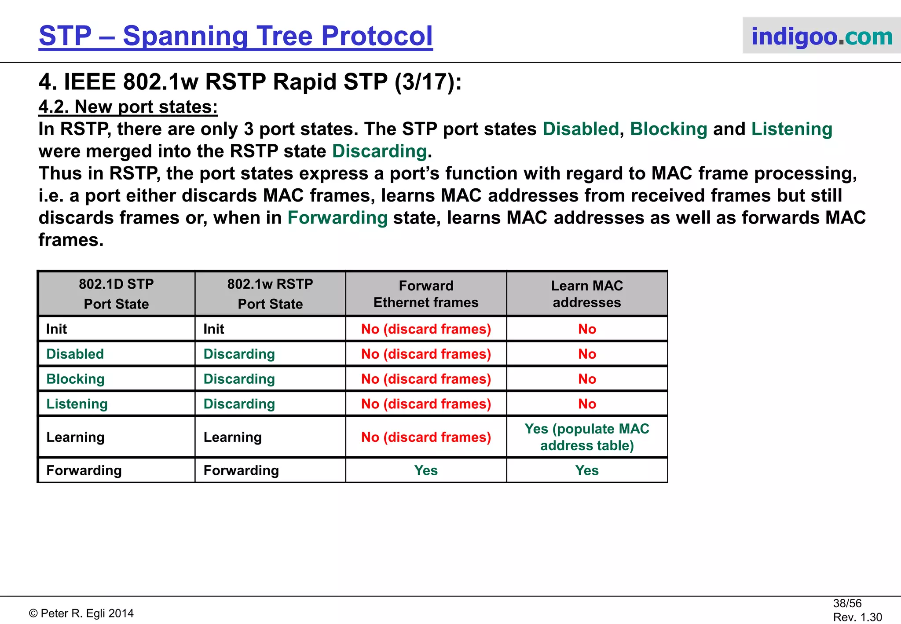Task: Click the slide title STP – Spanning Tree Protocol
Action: pos(235,36)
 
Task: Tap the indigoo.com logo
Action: pos(821,36)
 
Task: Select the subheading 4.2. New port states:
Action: pos(128,107)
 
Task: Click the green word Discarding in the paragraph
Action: pos(379,151)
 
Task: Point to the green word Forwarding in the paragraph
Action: pos(337,218)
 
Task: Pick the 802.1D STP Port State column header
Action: pos(116,294)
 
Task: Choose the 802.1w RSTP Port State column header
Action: pos(270,294)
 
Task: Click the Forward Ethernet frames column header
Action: pos(426,294)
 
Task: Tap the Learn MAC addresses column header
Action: pos(587,294)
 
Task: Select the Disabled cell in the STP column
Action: pos(75,354)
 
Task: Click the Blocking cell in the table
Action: pos(76,379)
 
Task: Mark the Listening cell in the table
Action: pos(77,404)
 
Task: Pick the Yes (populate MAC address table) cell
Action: pos(587,437)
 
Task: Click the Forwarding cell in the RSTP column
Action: pos(241,470)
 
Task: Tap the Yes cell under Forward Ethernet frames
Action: pos(426,470)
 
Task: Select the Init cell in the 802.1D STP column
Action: pos(57,329)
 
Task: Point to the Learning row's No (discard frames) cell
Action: pos(426,437)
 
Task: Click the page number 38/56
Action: pos(847,603)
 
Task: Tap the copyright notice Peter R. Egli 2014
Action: pos(82,613)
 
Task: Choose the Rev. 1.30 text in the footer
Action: pos(857,617)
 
